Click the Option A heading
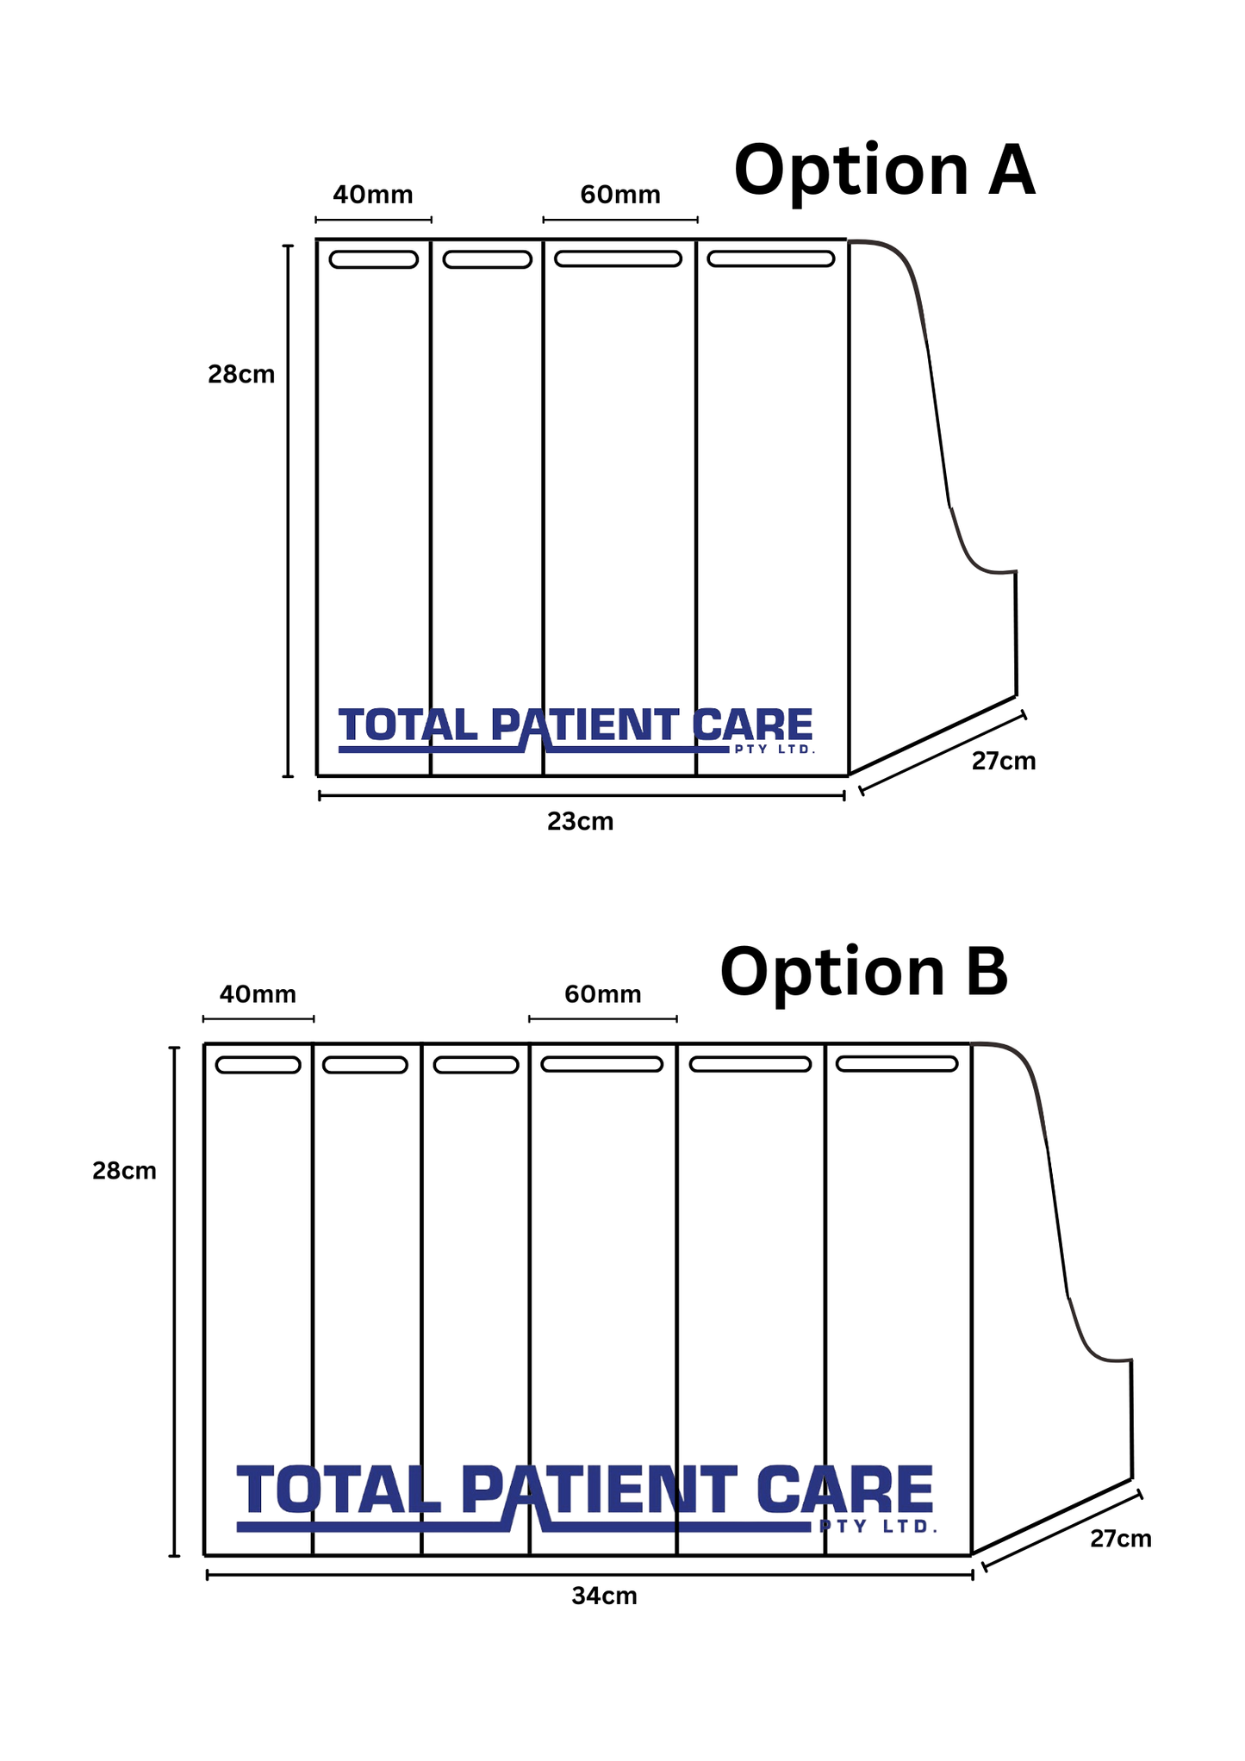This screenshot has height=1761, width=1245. tap(884, 171)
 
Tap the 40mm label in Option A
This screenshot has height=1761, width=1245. tap(373, 195)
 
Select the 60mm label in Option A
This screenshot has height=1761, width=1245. tap(619, 195)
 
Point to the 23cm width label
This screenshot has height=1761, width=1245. tap(580, 822)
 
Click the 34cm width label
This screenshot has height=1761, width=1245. tap(604, 1596)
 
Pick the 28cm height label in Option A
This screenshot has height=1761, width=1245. tap(241, 375)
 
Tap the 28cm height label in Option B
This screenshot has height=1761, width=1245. tap(125, 1171)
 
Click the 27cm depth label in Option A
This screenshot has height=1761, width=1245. tap(1003, 762)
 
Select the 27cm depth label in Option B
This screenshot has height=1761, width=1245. tap(1120, 1539)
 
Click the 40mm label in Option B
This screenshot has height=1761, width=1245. tap(258, 995)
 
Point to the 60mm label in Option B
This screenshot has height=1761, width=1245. tap(602, 995)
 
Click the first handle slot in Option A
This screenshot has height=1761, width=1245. tap(374, 259)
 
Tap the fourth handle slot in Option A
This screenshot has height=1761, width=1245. tap(771, 258)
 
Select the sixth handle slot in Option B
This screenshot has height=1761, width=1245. tap(897, 1064)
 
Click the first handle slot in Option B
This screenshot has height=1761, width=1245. tap(258, 1065)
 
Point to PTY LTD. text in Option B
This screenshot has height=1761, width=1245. tap(878, 1527)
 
